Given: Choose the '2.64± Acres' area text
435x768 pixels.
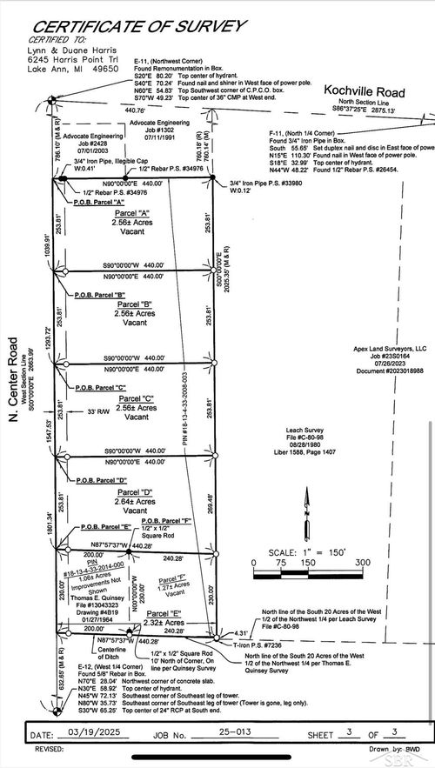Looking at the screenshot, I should [133, 501].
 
